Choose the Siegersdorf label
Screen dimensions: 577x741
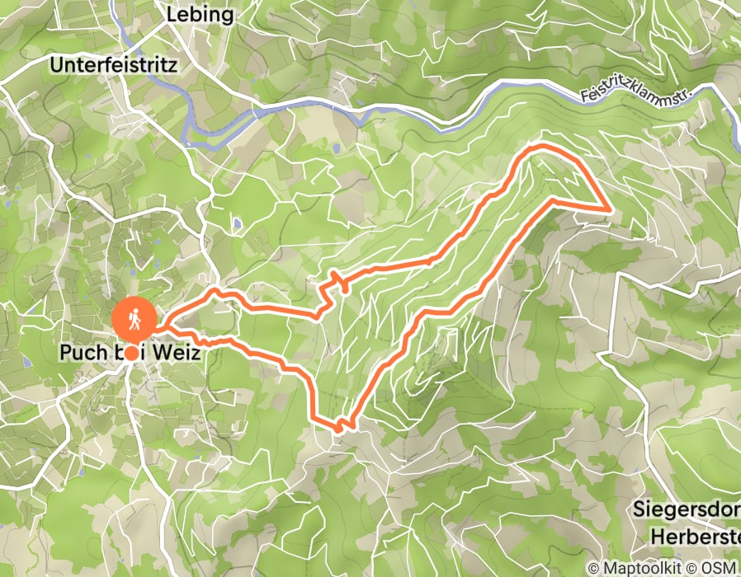(x=687, y=509)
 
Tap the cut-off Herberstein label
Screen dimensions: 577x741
(x=695, y=535)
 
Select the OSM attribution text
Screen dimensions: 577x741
(x=721, y=569)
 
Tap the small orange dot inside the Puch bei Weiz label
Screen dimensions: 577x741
(x=132, y=352)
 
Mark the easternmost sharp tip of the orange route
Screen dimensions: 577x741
(x=611, y=210)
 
